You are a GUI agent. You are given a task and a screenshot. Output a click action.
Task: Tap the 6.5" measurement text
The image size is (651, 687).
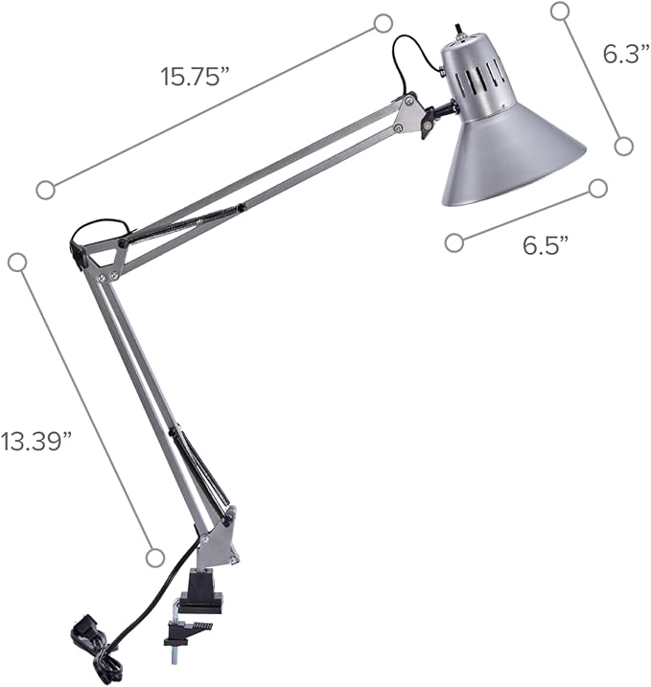(x=546, y=244)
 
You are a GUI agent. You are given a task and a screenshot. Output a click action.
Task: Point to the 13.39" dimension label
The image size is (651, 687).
(x=36, y=441)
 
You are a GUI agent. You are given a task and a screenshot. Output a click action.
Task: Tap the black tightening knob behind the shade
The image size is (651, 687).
(x=426, y=126)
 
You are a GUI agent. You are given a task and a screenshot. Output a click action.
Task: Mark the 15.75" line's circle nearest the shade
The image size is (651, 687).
(x=384, y=22)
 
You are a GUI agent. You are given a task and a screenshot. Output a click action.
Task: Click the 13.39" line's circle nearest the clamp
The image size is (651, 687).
(x=154, y=557)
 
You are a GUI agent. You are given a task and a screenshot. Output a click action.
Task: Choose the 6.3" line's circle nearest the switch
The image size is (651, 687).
(x=561, y=11)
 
